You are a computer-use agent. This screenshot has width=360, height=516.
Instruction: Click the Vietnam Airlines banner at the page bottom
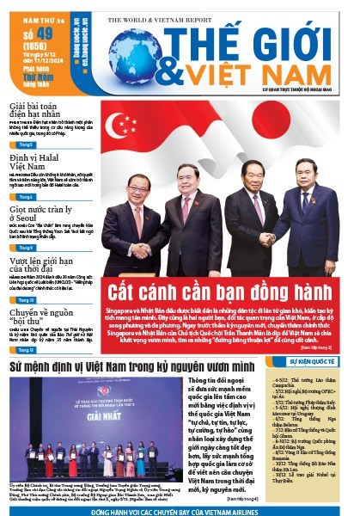[180, 509]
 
